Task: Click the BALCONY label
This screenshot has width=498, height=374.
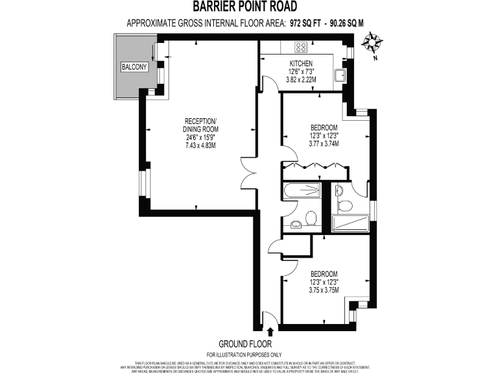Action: pyautogui.click(x=135, y=68)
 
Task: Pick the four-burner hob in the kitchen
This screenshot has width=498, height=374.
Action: pyautogui.click(x=302, y=46)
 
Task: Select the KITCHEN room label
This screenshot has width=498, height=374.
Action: pyautogui.click(x=301, y=63)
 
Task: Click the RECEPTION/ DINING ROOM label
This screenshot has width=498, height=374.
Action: pyautogui.click(x=200, y=126)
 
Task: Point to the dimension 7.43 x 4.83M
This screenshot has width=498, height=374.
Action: pyautogui.click(x=200, y=145)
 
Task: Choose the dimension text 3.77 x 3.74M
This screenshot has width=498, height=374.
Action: pyautogui.click(x=324, y=145)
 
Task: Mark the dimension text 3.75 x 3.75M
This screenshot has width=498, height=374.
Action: pyautogui.click(x=324, y=292)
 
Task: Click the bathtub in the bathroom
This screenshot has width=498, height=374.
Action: pyautogui.click(x=302, y=190)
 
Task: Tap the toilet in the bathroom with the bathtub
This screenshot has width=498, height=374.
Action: pyautogui.click(x=311, y=219)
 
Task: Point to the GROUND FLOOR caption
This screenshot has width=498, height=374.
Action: pyautogui.click(x=244, y=343)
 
